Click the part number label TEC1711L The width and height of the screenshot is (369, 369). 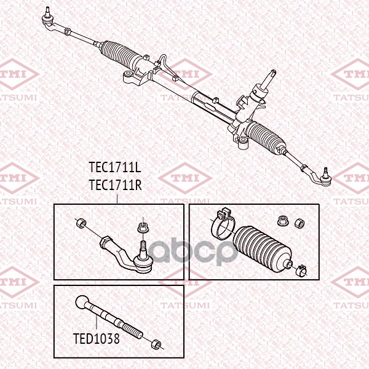click(115, 167)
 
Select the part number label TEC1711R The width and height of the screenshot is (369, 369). click(116, 184)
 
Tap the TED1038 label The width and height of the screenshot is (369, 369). click(96, 338)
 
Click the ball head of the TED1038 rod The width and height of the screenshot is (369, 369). click(84, 303)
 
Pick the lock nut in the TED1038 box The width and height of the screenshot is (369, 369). click(157, 344)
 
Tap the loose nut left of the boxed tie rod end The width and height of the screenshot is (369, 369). click(80, 222)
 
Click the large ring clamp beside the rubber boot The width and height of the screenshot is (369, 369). click(222, 226)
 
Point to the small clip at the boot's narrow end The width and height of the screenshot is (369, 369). click(301, 268)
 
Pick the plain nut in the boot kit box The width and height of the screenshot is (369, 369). click(301, 222)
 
